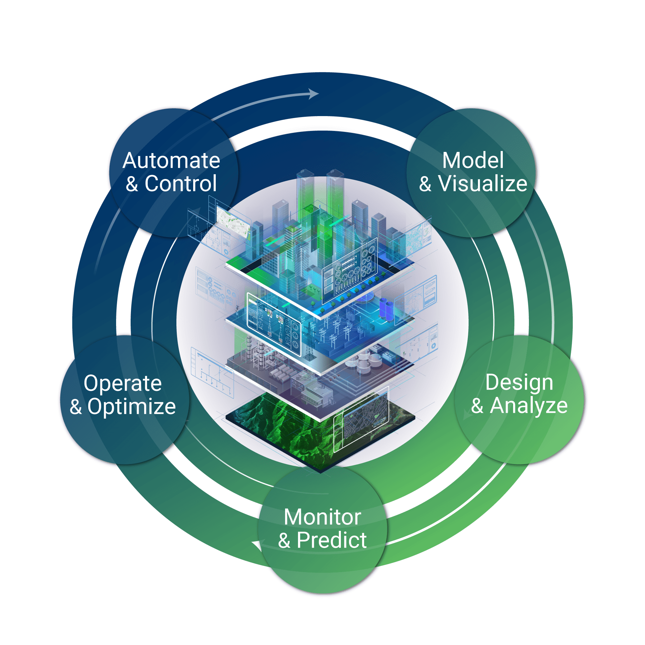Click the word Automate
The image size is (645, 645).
click(171, 161)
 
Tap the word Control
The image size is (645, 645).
click(181, 184)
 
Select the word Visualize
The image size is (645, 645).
click(482, 184)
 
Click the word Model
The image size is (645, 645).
click(473, 161)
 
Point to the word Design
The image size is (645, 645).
click(519, 382)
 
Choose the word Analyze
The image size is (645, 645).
click(529, 406)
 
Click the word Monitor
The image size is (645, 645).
click(322, 517)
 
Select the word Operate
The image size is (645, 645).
click(123, 383)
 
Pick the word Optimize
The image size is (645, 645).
click(132, 407)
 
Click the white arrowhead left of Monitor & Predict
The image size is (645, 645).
click(257, 545)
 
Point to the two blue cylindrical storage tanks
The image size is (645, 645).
click(386, 309)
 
